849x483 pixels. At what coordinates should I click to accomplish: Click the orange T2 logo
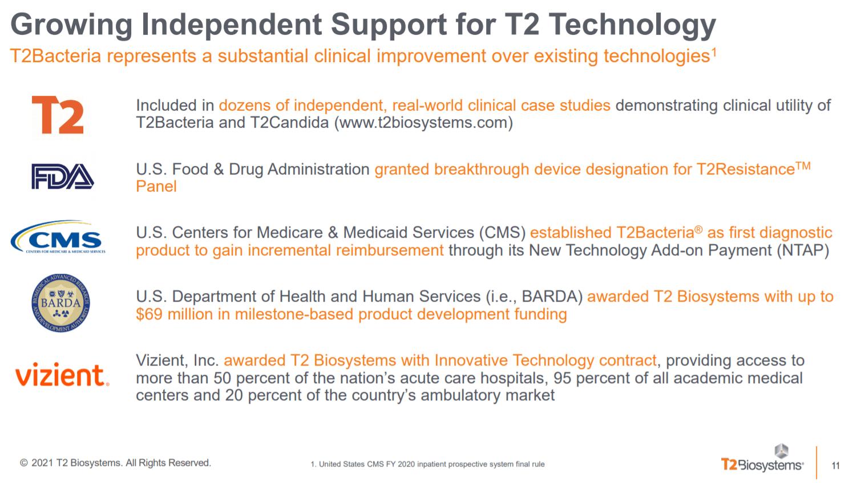click(x=58, y=115)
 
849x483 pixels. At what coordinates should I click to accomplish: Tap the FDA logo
click(x=63, y=176)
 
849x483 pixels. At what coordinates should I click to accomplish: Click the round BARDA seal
click(x=60, y=303)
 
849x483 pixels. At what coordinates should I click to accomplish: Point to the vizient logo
click(x=62, y=375)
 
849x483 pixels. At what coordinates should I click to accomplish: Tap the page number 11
click(x=835, y=465)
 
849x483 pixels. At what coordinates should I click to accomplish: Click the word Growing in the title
click(x=72, y=25)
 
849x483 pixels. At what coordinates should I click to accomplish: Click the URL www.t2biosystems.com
click(x=423, y=123)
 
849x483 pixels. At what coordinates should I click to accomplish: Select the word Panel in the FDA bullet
click(x=156, y=186)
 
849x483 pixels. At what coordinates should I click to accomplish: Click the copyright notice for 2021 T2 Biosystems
click(x=115, y=463)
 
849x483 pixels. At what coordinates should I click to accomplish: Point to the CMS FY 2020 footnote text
click(x=427, y=464)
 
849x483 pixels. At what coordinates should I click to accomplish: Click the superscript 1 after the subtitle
click(x=714, y=52)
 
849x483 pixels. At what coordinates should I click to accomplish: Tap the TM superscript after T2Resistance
click(x=803, y=166)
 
